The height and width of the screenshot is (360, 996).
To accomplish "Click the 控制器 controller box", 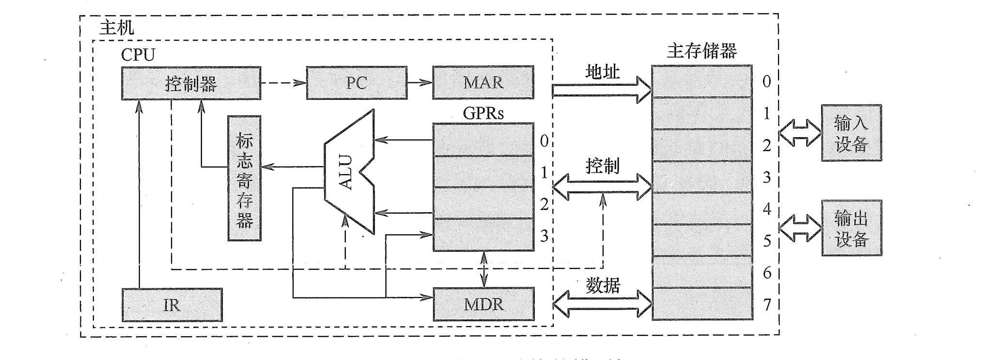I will pos(191,83).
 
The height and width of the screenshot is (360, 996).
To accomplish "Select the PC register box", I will pos(357,83).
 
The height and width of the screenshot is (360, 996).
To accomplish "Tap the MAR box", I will pos(483,82).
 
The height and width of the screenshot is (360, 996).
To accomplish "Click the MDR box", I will pos(483,304).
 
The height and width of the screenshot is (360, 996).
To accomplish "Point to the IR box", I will pos(172,305).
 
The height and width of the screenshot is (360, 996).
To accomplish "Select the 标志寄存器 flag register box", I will pos(245,178).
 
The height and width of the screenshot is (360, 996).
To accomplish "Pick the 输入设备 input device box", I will pos(851,133).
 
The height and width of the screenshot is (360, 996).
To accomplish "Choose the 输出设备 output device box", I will pos(851,228).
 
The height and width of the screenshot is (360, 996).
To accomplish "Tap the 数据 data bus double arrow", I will pos(602,304).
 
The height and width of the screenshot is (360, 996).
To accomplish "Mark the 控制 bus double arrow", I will pos(602,187).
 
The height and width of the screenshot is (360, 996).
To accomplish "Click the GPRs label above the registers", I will pos(483,113).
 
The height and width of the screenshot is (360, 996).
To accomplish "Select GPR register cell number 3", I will pos(483,235).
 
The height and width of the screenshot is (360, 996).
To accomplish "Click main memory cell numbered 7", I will pos(702,304).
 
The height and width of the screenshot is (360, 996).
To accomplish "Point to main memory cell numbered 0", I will pos(702,81).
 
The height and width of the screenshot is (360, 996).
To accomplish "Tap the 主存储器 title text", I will pos(701,51).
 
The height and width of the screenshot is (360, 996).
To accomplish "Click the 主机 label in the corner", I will pos(116,27).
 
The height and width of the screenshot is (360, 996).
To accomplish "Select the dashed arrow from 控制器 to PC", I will pos(283,83).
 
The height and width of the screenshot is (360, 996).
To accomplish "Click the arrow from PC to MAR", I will pos(420,82).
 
